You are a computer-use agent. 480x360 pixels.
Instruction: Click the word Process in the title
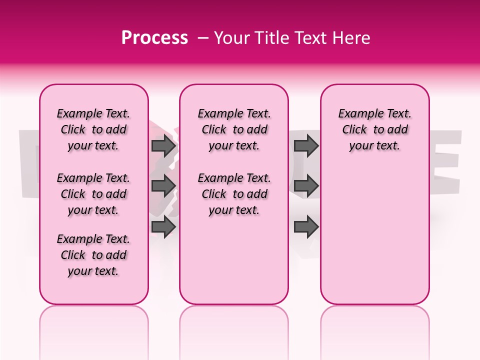(x=154, y=38)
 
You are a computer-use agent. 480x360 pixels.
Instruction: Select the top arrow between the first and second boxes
(x=163, y=146)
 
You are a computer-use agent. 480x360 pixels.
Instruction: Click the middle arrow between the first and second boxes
(x=163, y=185)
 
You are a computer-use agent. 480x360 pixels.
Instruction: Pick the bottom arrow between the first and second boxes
(x=163, y=227)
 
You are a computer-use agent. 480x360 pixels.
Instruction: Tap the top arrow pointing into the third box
(x=306, y=146)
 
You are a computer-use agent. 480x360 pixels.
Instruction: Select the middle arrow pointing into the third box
(x=306, y=185)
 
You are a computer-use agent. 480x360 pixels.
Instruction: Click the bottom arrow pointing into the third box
(x=306, y=227)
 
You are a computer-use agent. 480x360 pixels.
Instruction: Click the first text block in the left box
(x=93, y=129)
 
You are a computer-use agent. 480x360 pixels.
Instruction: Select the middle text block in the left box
(x=93, y=194)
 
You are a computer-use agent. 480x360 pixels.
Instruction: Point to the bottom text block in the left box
(x=93, y=255)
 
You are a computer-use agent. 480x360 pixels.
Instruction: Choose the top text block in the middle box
(x=234, y=129)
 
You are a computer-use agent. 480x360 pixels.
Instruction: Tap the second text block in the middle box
(x=234, y=194)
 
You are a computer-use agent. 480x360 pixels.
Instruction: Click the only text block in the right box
(x=374, y=129)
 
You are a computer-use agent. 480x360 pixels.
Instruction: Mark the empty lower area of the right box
(x=374, y=240)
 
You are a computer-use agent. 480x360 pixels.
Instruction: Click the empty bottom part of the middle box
(x=234, y=265)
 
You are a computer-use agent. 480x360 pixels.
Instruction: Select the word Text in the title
(x=311, y=38)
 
